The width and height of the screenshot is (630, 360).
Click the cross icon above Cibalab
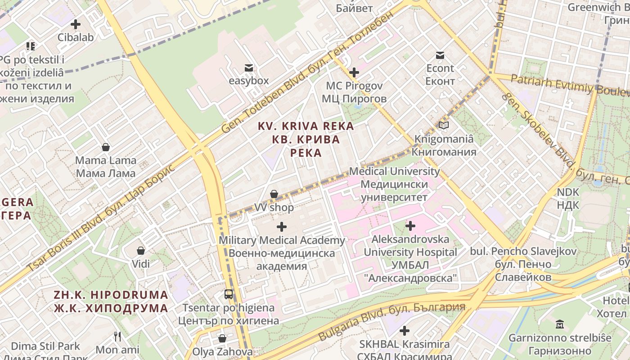pyautogui.click(x=76, y=24)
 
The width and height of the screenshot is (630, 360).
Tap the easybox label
pyautogui.click(x=248, y=81)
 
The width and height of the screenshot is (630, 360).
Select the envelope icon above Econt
pyautogui.click(x=440, y=55)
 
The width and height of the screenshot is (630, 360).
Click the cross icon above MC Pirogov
pyautogui.click(x=354, y=72)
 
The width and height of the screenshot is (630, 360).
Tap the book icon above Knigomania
pyautogui.click(x=444, y=126)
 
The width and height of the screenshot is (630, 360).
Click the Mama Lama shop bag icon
pyautogui.click(x=106, y=147)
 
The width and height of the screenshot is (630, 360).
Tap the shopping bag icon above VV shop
pyautogui.click(x=274, y=194)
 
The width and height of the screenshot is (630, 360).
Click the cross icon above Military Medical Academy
pyautogui.click(x=281, y=227)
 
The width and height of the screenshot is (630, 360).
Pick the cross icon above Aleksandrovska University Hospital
pyautogui.click(x=410, y=225)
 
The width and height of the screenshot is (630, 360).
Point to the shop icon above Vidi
pyautogui.click(x=141, y=250)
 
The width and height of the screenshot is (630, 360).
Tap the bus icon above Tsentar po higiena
pyautogui.click(x=229, y=294)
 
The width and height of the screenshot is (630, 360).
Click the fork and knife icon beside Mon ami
pyautogui.click(x=117, y=336)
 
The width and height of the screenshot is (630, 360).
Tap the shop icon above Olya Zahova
pyautogui.click(x=222, y=338)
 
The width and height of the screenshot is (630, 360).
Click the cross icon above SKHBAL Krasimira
pyautogui.click(x=404, y=331)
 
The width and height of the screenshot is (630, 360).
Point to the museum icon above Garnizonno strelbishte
pyautogui.click(x=560, y=324)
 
